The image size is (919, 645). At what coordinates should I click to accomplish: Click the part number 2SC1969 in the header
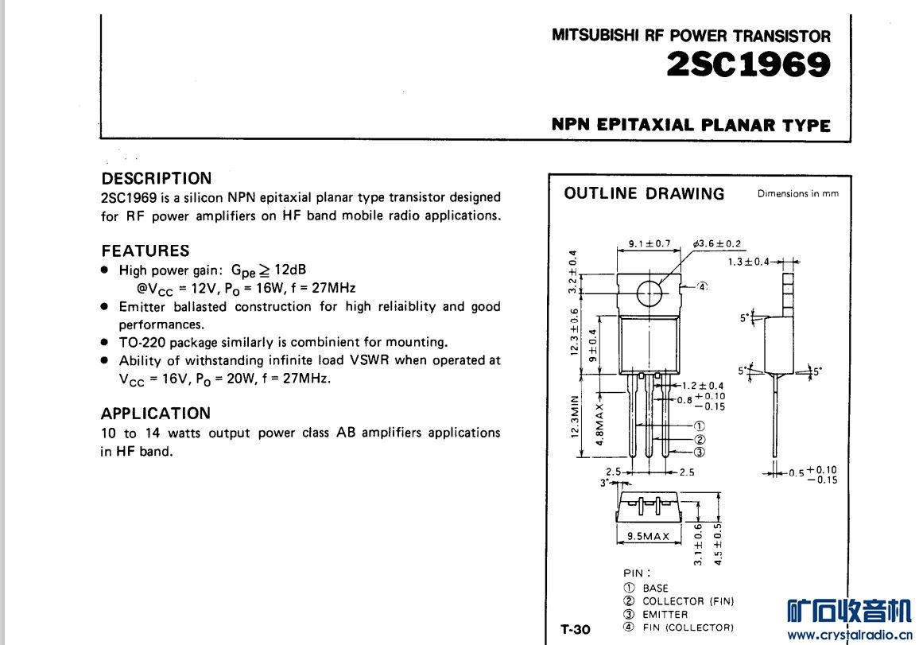(x=749, y=65)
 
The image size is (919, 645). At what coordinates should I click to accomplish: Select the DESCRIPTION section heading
(x=157, y=178)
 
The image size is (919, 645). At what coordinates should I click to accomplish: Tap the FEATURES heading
(x=145, y=251)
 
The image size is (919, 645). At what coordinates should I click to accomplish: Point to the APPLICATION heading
(x=156, y=414)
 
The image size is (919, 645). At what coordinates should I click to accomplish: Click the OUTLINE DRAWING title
(x=644, y=193)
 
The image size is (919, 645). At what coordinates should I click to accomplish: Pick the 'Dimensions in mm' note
(x=797, y=193)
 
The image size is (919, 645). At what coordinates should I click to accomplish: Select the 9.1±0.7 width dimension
(x=649, y=243)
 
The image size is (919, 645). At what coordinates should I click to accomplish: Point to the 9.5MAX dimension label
(x=649, y=536)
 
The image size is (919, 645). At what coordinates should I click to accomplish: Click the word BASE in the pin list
(x=656, y=589)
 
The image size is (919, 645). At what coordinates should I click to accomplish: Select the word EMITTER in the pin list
(x=665, y=614)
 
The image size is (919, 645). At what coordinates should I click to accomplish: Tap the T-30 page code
(x=576, y=629)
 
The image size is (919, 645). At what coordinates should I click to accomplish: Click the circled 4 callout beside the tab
(x=702, y=286)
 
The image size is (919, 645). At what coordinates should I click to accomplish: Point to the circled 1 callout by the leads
(x=700, y=426)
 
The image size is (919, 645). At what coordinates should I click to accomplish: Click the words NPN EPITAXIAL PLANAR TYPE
(x=691, y=125)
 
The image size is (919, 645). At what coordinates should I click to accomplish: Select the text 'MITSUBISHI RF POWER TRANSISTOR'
(x=691, y=36)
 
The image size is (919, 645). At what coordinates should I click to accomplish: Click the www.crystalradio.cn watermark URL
(x=848, y=635)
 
